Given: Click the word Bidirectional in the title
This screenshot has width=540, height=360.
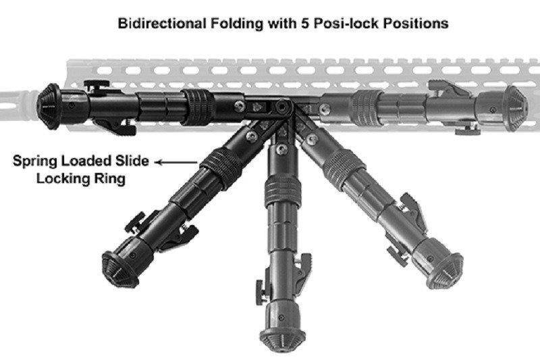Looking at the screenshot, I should coord(157,24).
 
